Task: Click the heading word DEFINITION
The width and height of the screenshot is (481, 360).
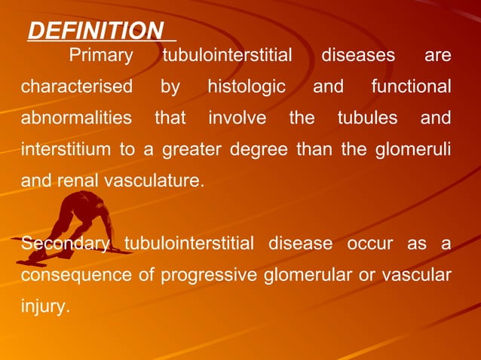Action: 96,31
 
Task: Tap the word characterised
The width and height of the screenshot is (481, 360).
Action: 76,87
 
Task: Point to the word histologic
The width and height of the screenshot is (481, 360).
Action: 247,87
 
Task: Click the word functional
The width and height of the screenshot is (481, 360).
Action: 411,87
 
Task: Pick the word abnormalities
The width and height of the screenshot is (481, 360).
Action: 76,118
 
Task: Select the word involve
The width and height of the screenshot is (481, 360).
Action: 237,118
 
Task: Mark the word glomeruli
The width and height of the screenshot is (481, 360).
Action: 412,149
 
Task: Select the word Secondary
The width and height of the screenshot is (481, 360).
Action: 66,244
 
